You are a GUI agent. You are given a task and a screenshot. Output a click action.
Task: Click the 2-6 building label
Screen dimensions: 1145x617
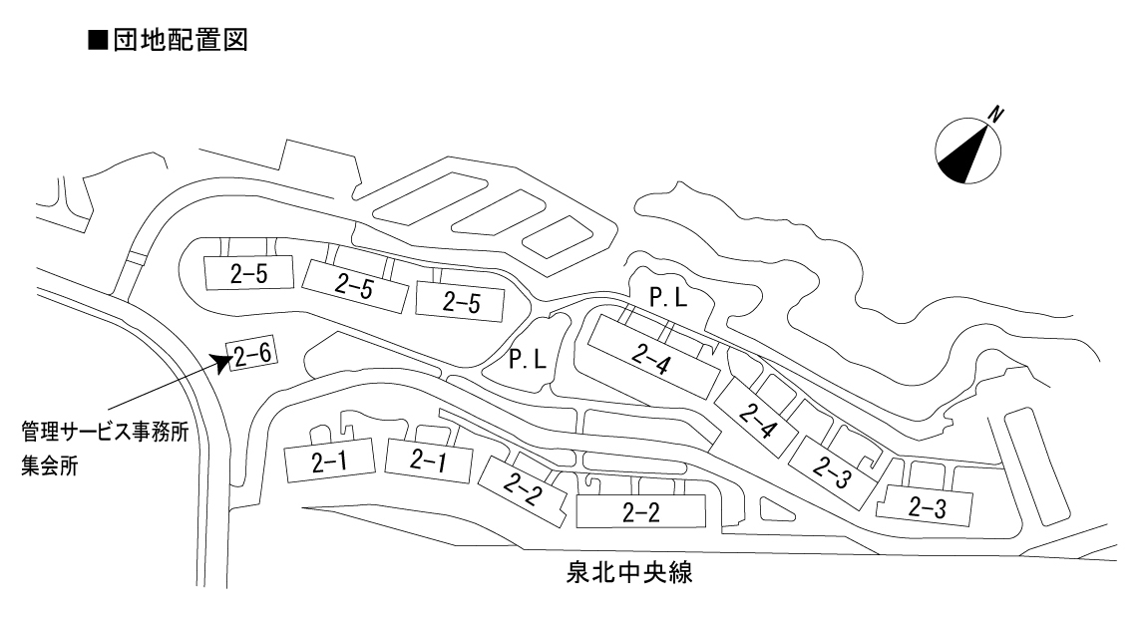[252, 355]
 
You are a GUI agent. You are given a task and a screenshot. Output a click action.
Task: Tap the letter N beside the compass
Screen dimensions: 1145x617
[995, 115]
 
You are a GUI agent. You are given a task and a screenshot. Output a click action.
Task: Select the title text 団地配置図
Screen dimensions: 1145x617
[181, 40]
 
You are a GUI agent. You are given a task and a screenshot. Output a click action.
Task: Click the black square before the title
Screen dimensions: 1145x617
[97, 40]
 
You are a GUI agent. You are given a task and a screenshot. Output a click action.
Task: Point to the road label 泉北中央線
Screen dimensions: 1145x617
[629, 572]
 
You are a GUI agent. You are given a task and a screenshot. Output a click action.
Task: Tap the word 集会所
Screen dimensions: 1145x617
[50, 465]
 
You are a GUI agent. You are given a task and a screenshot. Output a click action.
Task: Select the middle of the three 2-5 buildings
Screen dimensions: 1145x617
[355, 286]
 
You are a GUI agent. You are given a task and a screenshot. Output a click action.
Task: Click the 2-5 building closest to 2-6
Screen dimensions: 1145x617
[249, 273]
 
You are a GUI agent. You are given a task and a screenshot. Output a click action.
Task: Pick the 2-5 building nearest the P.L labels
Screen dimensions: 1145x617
[461, 302]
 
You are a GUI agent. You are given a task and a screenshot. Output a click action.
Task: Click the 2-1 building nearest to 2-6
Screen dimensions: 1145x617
[329, 461]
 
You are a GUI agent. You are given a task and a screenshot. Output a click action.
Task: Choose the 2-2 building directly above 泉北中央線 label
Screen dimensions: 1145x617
[641, 511]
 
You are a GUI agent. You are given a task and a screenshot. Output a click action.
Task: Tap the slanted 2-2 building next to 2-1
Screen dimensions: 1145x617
[523, 491]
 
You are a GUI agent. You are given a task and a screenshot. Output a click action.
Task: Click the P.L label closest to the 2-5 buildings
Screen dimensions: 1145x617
[528, 359]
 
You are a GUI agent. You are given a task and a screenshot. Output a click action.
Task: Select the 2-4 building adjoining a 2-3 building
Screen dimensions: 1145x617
[757, 419]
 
